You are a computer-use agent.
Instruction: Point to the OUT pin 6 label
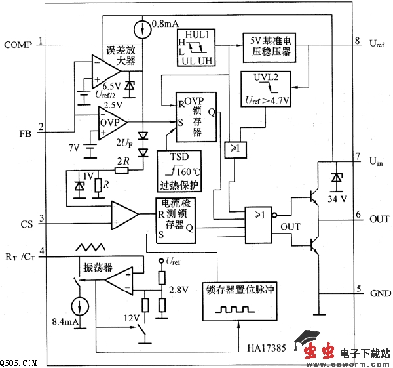tap(379, 218)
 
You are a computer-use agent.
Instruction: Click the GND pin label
tap(380, 293)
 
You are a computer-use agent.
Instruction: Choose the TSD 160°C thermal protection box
tap(178, 171)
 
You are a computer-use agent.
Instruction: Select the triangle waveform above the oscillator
tap(89, 248)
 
